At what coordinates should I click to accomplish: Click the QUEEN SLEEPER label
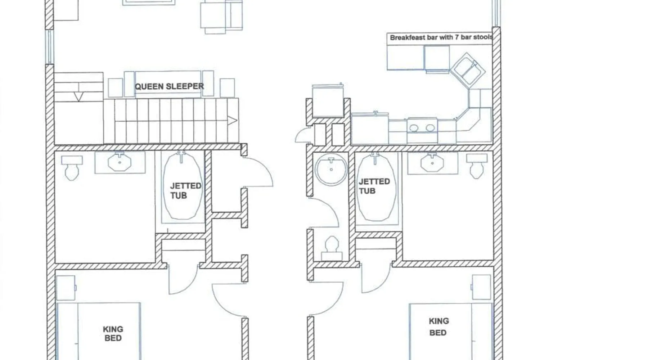pos(169,86)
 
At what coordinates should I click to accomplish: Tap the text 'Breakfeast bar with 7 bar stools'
pos(441,37)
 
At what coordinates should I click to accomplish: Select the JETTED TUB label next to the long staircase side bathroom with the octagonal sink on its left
pos(185,190)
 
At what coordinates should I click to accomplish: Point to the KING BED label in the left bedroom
pos(113,334)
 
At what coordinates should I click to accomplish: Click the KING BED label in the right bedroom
pos(438,327)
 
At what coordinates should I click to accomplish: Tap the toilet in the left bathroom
pos(72,167)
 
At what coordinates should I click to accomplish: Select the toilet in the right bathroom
pos(477,166)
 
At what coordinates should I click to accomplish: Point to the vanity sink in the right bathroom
pos(432,162)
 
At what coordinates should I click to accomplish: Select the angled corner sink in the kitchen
pos(468,69)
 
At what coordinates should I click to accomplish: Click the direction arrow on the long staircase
pos(233,121)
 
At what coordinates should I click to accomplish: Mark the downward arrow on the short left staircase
pos(79,96)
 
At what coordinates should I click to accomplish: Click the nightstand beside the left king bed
pos(66,288)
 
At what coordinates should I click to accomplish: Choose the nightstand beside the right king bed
pos(481,287)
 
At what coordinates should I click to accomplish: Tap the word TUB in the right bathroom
pos(367,191)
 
